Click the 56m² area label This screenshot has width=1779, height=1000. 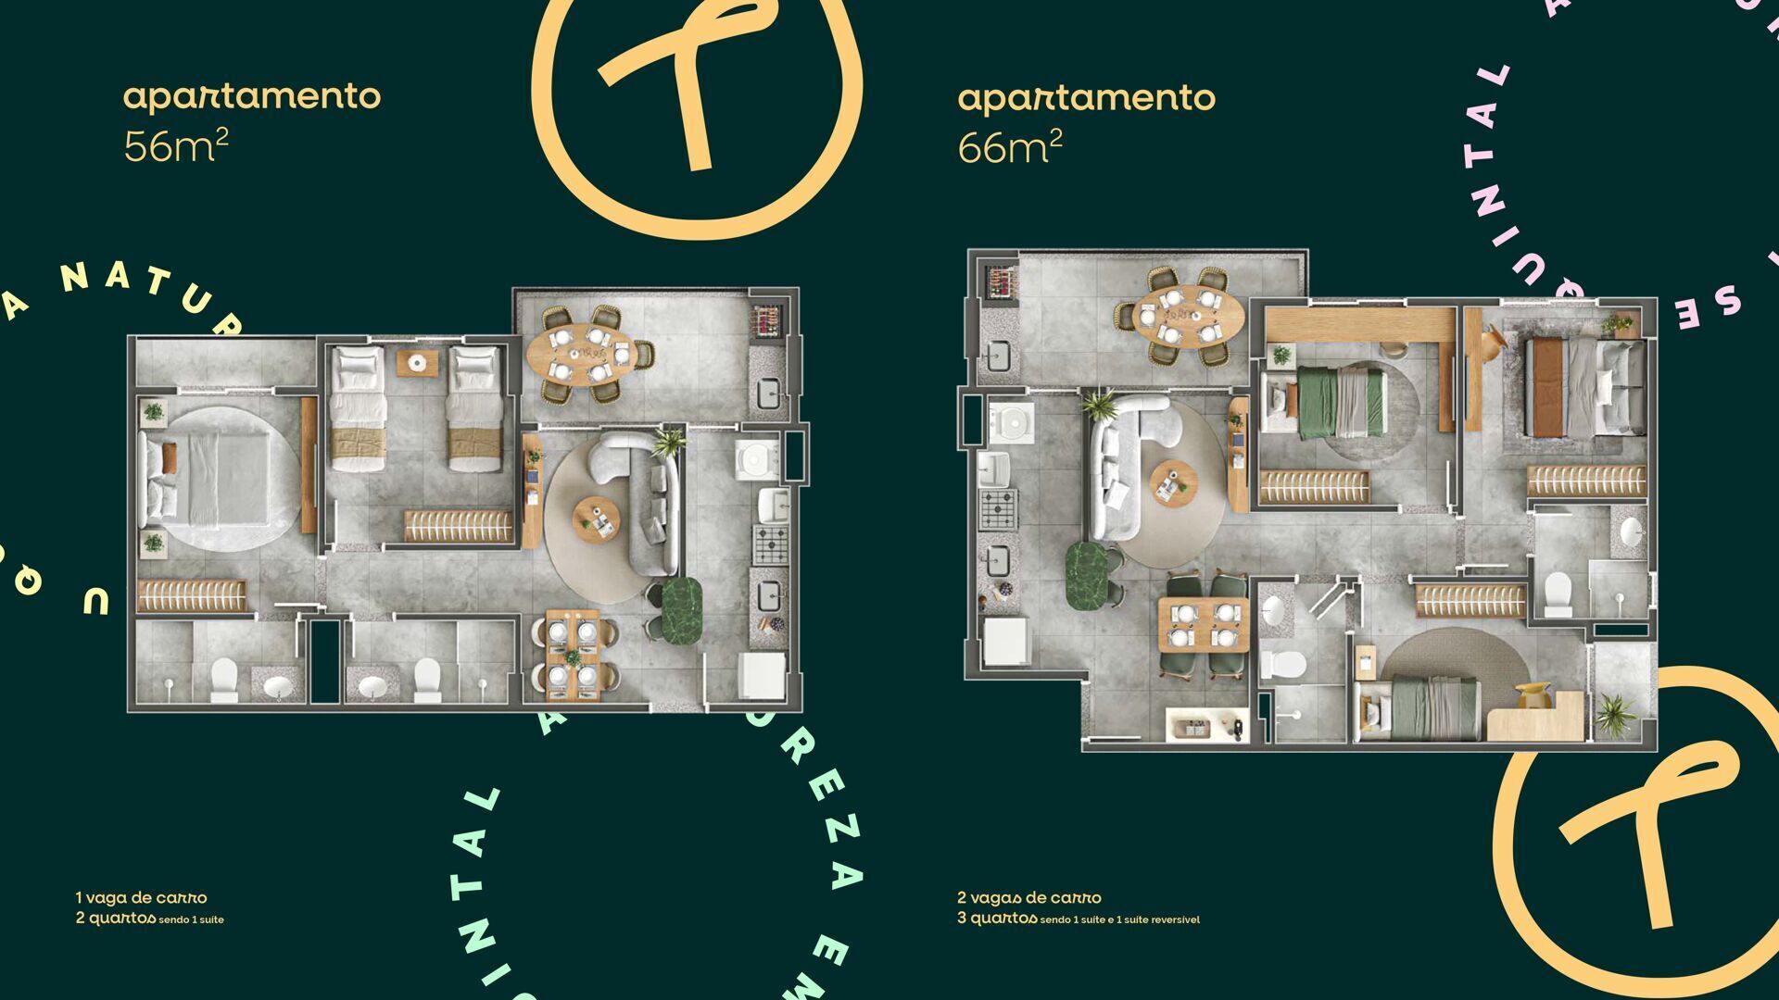pos(175,145)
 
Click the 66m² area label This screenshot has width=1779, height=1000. pos(1009,146)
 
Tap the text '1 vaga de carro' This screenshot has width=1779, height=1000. pos(142,897)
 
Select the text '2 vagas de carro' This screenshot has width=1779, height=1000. pos(1029,897)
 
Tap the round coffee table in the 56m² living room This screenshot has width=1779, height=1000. pos(596,519)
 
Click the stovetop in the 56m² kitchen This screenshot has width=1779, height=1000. pos(770,545)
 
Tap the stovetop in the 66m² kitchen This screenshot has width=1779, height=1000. pos(999,509)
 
